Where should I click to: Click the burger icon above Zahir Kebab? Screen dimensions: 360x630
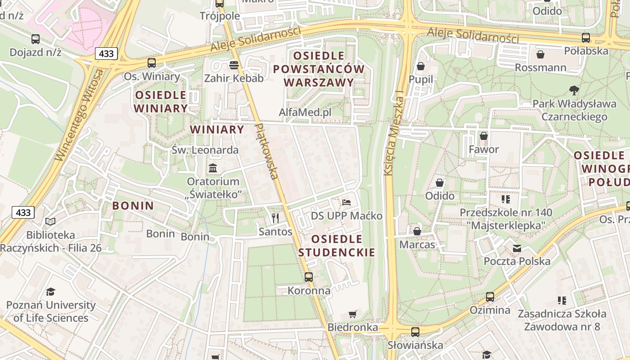[234, 65]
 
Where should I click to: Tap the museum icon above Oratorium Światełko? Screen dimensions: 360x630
[213, 168]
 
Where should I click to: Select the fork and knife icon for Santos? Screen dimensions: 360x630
[275, 218]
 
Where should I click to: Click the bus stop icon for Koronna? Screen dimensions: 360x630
[309, 277]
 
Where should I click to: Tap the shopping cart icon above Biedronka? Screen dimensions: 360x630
[353, 314]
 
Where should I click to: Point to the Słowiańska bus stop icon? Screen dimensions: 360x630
[415, 332]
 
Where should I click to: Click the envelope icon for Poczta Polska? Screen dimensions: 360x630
[517, 248]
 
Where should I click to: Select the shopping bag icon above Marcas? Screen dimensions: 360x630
[417, 231]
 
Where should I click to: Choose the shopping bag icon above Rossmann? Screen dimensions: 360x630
[540, 54]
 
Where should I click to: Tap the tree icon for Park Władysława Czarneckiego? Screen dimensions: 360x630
[574, 90]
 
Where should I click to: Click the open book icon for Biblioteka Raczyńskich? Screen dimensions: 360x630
[50, 221]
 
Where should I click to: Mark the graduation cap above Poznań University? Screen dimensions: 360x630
[50, 292]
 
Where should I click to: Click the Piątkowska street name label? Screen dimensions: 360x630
[267, 151]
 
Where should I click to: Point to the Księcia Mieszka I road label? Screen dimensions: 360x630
[393, 134]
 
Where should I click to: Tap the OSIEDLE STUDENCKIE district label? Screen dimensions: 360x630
[337, 246]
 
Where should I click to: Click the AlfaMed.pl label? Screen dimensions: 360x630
[305, 112]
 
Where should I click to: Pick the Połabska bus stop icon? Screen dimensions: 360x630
[586, 38]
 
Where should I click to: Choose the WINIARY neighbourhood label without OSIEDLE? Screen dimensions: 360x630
[217, 130]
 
